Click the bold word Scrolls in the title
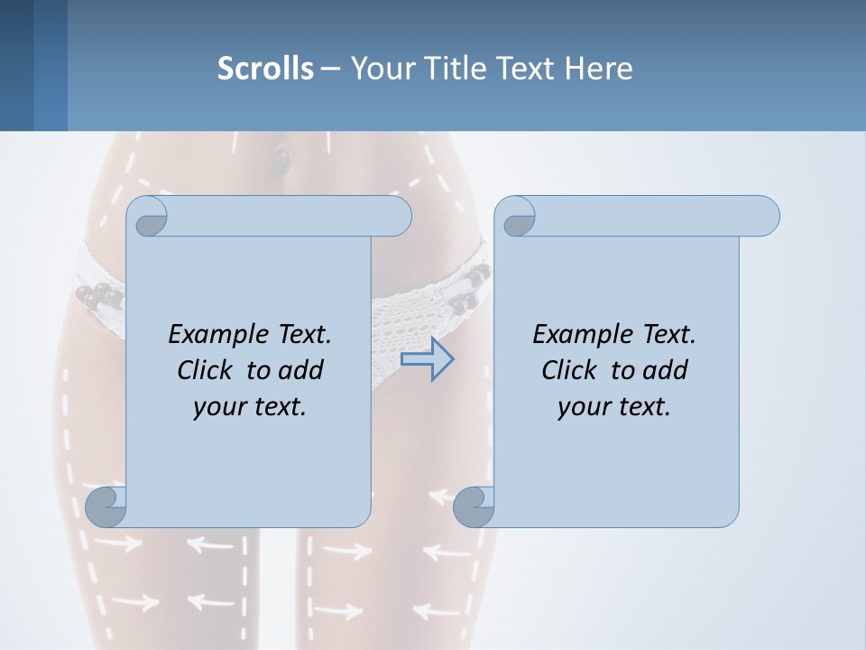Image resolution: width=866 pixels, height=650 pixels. (265, 68)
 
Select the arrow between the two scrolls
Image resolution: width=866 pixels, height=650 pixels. (427, 359)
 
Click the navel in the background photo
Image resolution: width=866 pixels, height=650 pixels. (281, 160)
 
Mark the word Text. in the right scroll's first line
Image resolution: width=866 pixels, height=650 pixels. (668, 335)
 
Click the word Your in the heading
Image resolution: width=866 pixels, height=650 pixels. (378, 68)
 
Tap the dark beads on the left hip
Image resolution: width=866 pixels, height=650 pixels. (97, 295)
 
